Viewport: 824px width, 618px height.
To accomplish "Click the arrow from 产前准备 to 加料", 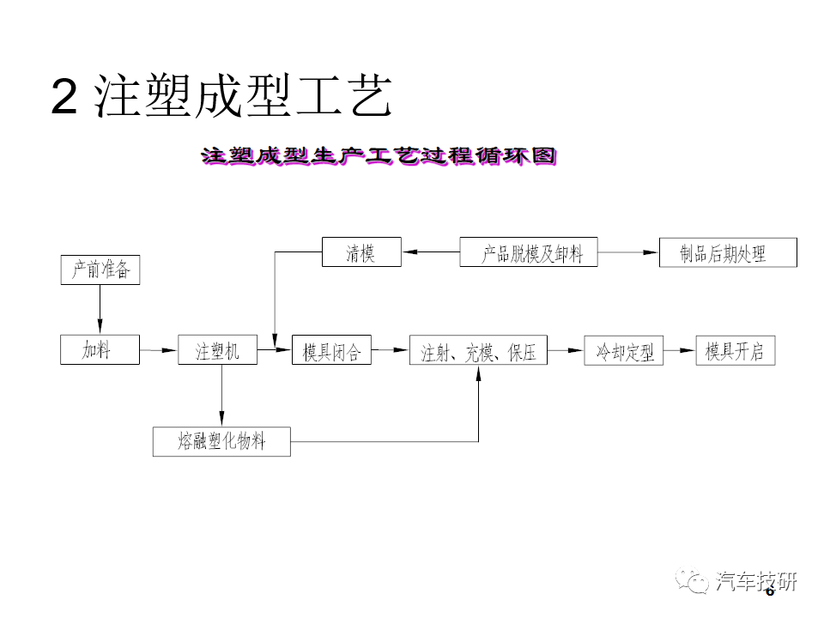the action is tap(100, 310).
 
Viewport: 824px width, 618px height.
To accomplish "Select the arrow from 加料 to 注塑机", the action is tap(159, 350).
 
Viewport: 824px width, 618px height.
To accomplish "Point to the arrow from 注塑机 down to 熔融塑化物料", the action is tap(221, 396).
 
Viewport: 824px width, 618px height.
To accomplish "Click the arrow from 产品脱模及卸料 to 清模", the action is tap(431, 251).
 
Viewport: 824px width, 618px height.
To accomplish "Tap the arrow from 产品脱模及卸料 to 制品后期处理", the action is tap(628, 252).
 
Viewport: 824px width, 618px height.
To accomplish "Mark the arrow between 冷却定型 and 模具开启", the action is tap(680, 350).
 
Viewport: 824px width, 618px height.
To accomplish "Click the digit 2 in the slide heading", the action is tap(64, 96).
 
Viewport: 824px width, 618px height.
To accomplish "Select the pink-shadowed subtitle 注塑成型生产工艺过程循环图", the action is tap(379, 156).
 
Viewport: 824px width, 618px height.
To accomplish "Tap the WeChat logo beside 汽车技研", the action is tap(692, 581).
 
